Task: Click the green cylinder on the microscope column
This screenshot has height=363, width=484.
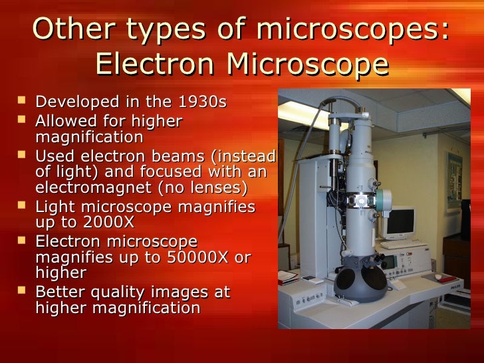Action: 385,199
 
